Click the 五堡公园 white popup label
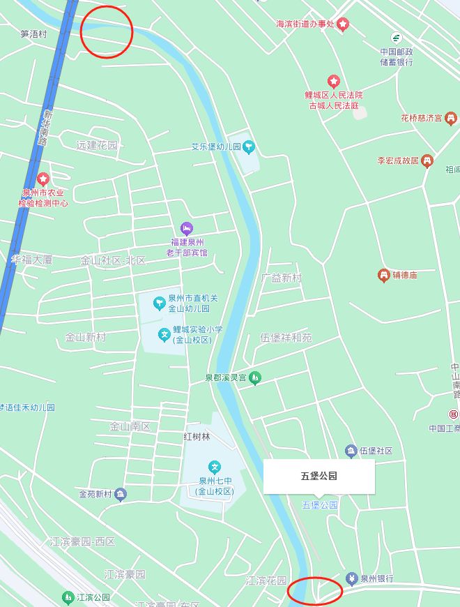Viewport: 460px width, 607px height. pos(319,477)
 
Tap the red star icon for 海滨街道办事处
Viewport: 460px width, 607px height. pos(343,24)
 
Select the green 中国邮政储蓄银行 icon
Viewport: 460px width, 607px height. pos(397,38)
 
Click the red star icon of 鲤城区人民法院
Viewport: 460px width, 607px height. pos(334,82)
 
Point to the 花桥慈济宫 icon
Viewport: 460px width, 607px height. pos(450,118)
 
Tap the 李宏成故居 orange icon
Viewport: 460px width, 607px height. pos(427,160)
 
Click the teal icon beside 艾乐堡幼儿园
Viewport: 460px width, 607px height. pos(250,147)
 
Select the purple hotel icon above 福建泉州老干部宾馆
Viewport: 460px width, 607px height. pos(186,227)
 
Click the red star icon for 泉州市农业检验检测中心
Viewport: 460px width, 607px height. pos(43,179)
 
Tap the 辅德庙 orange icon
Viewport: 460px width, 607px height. pos(383,275)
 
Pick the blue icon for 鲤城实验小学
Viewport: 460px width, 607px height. pos(165,335)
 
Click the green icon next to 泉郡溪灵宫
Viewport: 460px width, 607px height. pos(255,377)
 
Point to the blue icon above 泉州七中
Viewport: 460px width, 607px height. pos(215,467)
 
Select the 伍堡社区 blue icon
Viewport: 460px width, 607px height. pos(351,451)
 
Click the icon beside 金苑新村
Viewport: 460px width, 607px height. pos(121,494)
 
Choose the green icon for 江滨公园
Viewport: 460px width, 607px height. pos(68,597)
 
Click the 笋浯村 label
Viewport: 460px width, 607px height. pos(33,33)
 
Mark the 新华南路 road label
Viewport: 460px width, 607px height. pos(45,126)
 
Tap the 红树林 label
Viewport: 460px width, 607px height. pos(197,437)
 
